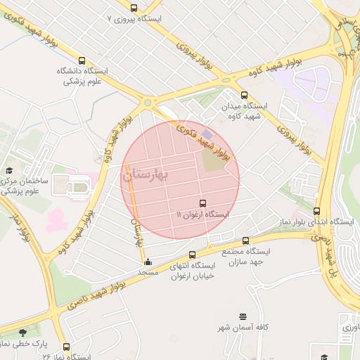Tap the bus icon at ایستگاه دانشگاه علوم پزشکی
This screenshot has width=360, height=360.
[82, 61]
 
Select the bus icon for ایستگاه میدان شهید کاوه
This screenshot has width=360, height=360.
[244, 95]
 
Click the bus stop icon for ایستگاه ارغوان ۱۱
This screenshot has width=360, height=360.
[204, 202]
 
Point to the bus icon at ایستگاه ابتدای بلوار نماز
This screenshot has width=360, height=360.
[317, 211]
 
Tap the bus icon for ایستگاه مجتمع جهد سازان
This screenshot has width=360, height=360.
[245, 240]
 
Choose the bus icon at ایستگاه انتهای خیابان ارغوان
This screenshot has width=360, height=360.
[192, 255]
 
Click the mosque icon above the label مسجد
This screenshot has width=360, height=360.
[147, 262]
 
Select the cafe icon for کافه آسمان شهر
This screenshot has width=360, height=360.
[243, 317]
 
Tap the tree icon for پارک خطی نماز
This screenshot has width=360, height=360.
[23, 333]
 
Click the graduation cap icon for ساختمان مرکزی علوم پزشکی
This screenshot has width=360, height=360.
[9, 170]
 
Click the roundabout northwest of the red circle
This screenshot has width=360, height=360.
[148, 103]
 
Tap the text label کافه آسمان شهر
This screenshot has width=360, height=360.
[243, 328]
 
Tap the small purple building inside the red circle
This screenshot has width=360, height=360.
[206, 134]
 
